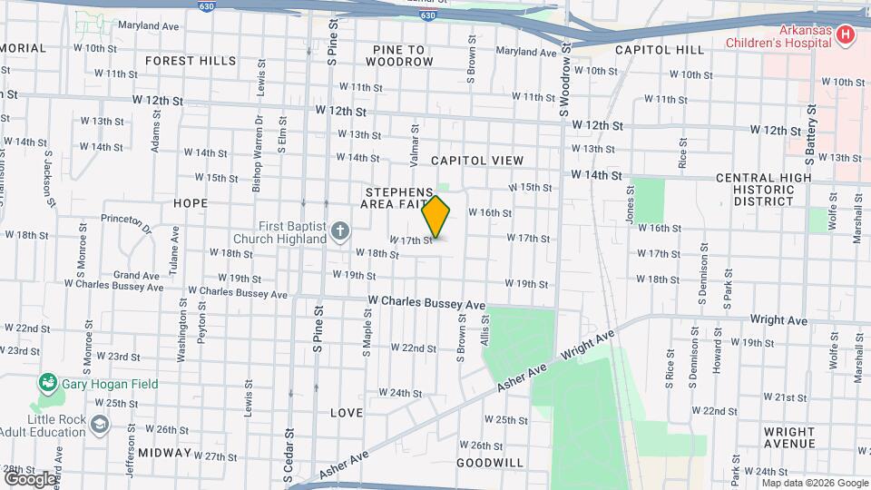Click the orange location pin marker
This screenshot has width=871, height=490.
[x=436, y=216]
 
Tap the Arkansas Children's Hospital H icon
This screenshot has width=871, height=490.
[x=846, y=35]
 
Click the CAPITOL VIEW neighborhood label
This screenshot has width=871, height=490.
[x=477, y=161]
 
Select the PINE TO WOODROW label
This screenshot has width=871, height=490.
[x=400, y=55]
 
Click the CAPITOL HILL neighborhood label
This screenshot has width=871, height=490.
[x=660, y=50]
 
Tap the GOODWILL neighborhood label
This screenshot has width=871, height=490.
[x=490, y=463]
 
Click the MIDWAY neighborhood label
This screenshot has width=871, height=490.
[x=165, y=453]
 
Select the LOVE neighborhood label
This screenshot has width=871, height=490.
[x=347, y=413]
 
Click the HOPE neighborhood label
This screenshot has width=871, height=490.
[x=191, y=203]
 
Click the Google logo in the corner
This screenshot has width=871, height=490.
[x=29, y=478]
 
